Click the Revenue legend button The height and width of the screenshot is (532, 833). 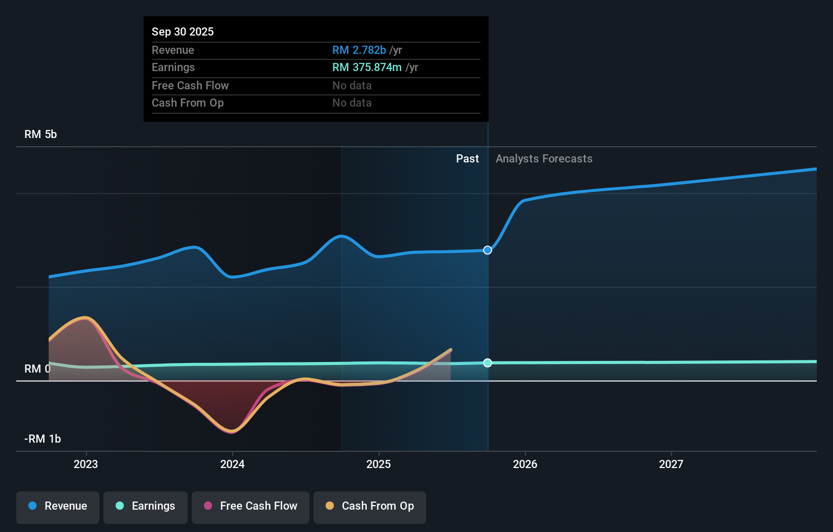pos(58,506)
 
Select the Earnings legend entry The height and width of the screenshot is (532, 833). pos(146,506)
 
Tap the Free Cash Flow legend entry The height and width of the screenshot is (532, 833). pos(251,506)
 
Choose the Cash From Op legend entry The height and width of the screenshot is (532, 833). pos(370,506)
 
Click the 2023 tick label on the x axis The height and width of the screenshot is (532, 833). pos(86,464)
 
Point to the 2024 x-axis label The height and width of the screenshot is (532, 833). pos(232,464)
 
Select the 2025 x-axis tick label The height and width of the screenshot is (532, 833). pos(378,464)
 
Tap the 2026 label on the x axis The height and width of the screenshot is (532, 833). pos(525,464)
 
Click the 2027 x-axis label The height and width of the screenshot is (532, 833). pos(671,464)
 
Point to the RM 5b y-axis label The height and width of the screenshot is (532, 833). pos(41,135)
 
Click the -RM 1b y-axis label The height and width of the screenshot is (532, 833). pos(43,439)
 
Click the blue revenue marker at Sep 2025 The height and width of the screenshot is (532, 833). pos(488,250)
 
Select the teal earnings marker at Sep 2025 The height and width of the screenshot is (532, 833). pos(488,363)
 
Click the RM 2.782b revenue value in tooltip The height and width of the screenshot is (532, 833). pos(359,50)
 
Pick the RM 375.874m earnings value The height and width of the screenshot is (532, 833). pos(367,68)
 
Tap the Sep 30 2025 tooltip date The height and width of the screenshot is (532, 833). pos(183,31)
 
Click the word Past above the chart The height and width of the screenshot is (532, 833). pos(467,159)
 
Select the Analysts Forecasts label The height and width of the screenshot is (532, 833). pos(544,159)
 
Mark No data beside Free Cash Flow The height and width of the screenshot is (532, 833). pos(352,86)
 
